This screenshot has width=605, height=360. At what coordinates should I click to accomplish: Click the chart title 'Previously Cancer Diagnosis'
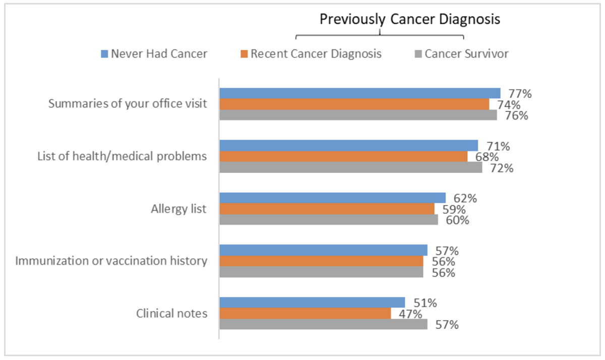coord(410,19)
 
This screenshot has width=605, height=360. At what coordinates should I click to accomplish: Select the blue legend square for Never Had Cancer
coord(104,53)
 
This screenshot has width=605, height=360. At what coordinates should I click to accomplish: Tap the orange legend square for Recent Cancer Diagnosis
coord(244,53)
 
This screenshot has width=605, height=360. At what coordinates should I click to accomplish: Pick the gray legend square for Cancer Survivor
coord(418,53)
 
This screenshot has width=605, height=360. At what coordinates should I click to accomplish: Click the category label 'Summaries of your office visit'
coord(128,104)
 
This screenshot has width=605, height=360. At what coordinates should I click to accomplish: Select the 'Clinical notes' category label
coord(171,313)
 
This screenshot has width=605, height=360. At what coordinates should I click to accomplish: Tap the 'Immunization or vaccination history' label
coord(111,261)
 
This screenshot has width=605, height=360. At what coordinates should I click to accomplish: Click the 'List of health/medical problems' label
coord(122,156)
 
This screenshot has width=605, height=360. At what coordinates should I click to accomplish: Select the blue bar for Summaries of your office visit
coord(359,93)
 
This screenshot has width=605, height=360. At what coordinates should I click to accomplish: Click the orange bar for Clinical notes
coord(305,313)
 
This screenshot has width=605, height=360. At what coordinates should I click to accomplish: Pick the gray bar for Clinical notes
coord(323,324)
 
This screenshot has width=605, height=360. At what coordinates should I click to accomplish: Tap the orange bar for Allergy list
coord(327,209)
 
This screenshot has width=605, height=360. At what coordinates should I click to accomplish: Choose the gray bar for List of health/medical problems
coord(350,167)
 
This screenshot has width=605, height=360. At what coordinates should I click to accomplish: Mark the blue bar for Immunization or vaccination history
coord(323,250)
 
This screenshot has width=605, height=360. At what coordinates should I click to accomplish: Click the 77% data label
coord(521,94)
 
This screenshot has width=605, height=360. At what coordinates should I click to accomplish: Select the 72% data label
coord(502,168)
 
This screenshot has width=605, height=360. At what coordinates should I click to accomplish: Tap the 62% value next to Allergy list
coord(465,198)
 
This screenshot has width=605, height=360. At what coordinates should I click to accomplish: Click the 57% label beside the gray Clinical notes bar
coord(447,325)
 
